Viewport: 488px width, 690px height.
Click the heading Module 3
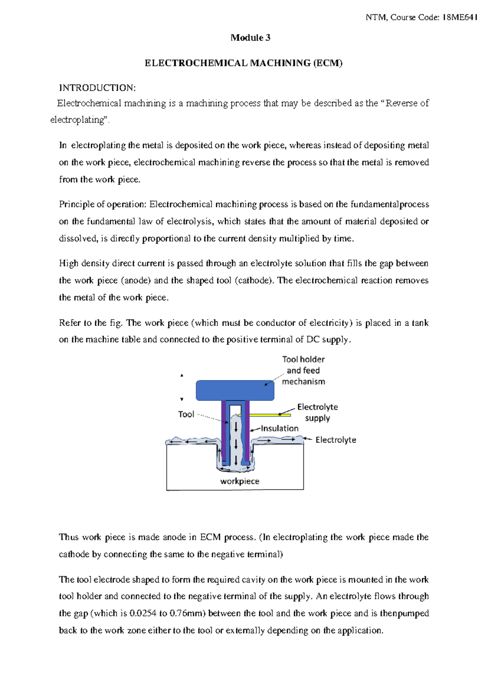[x=250, y=38]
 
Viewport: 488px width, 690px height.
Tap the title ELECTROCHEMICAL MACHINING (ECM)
[x=244, y=63]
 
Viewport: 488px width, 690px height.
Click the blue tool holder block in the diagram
[x=235, y=391]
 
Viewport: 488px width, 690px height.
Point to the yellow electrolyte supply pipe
[x=264, y=415]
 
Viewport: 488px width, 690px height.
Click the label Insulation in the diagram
[x=280, y=428]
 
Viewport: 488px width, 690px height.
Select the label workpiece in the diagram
[x=240, y=481]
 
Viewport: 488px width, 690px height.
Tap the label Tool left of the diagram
[x=186, y=414]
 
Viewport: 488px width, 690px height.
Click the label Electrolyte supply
[x=317, y=412]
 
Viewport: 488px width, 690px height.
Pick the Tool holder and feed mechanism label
[x=303, y=370]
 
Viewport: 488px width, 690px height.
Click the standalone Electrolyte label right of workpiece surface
[x=335, y=440]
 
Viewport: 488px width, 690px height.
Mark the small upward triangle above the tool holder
[x=182, y=376]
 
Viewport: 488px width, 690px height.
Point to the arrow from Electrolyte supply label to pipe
[x=286, y=412]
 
